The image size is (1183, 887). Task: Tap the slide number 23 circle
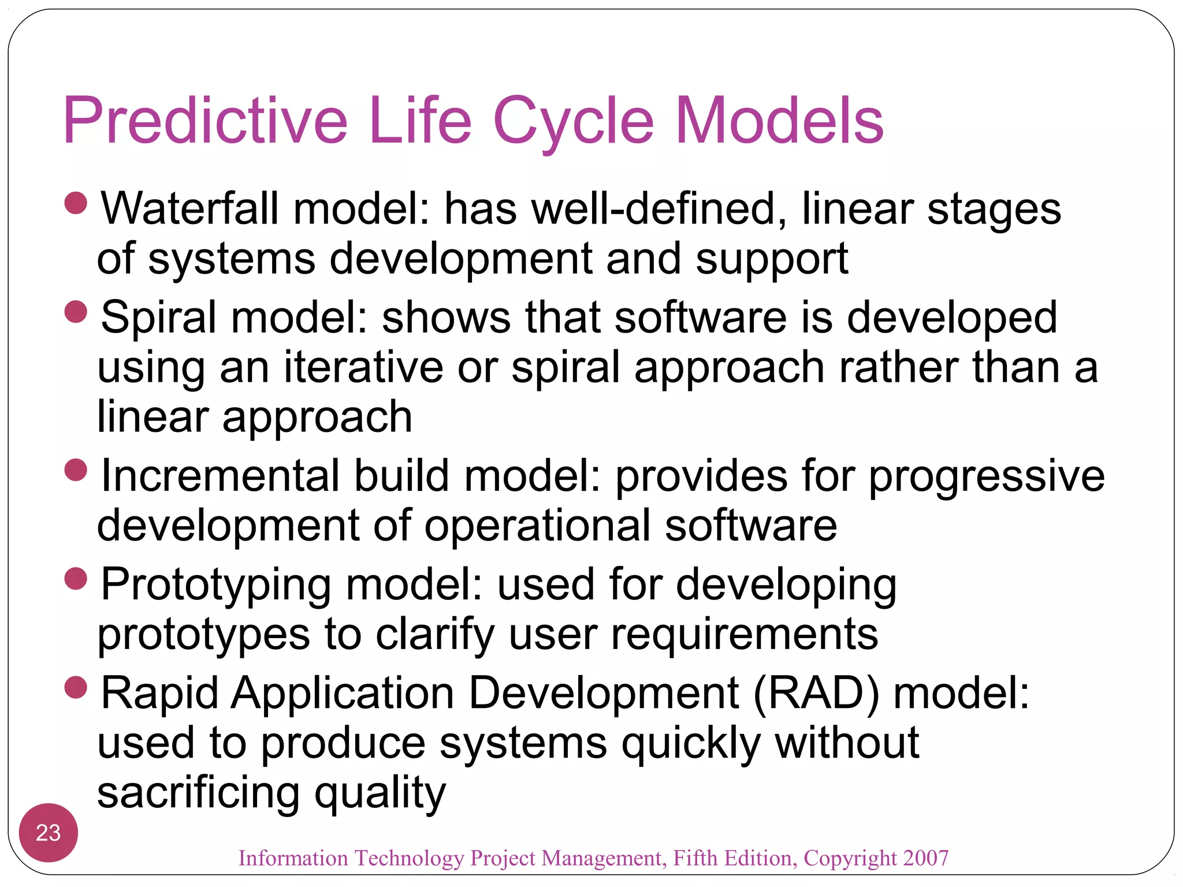pyautogui.click(x=49, y=833)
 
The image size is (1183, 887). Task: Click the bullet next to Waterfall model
pyautogui.click(x=76, y=203)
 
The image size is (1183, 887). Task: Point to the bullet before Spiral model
pyautogui.click(x=76, y=312)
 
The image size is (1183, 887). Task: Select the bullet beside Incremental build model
pyautogui.click(x=76, y=470)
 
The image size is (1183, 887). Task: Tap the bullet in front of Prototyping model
pyautogui.click(x=76, y=579)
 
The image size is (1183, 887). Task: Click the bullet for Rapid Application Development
pyautogui.click(x=76, y=687)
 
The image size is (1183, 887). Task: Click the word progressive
pyautogui.click(x=987, y=476)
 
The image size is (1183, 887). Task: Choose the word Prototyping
pyautogui.click(x=215, y=584)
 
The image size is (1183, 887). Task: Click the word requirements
pyautogui.click(x=744, y=634)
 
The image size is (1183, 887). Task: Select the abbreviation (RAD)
pyautogui.click(x=816, y=692)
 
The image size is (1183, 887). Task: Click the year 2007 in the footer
pyautogui.click(x=925, y=858)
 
